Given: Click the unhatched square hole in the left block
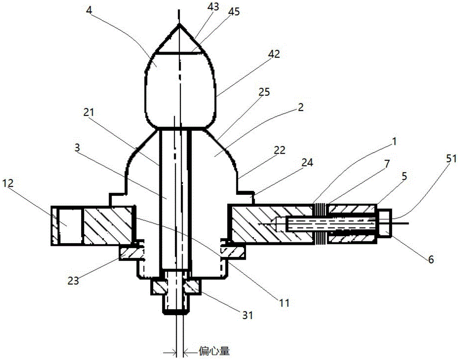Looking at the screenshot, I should click(67, 225).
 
